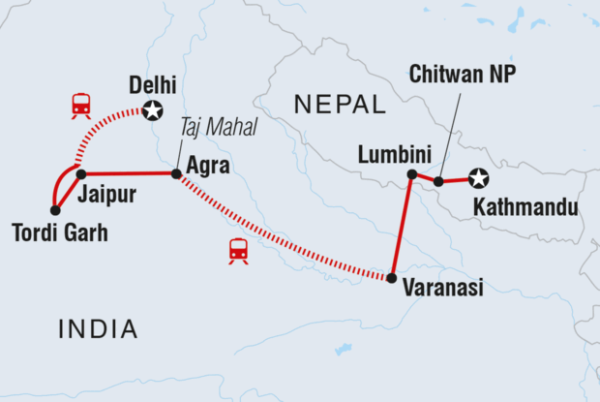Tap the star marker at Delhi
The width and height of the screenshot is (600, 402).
152,110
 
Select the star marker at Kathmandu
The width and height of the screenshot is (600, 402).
477,178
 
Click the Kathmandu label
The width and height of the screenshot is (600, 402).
525,207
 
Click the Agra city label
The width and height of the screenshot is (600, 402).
208,166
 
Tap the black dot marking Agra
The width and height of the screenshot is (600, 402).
176,174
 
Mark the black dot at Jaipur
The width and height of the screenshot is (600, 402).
81,174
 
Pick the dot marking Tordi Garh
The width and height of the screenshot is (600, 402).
55,209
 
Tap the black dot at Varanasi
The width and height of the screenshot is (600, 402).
391,278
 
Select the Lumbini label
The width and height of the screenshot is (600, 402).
389,153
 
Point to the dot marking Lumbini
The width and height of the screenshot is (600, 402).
411,174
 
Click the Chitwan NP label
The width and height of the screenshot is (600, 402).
463,74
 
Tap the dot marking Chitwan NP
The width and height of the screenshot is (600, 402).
438,181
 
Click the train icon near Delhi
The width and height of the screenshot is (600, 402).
80,105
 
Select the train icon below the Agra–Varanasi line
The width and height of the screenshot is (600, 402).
238,251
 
